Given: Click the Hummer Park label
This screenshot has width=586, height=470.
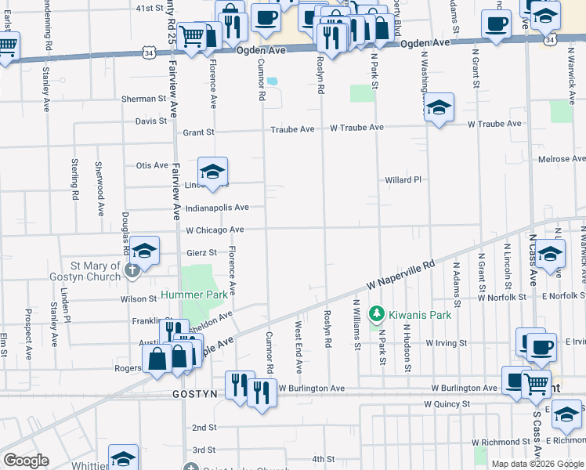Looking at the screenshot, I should point(194,295).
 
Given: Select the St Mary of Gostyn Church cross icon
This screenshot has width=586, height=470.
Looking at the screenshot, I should point(132,270).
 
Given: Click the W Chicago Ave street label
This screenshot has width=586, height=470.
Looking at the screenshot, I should point(215,230).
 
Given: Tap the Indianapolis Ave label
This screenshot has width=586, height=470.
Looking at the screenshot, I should point(217,208).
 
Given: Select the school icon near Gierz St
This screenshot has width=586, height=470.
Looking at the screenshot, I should point(145,251).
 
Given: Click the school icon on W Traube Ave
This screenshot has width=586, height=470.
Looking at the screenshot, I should point(439,107).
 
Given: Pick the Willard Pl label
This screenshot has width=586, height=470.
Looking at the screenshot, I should point(403,179).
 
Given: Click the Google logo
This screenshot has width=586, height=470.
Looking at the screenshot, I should point(26,461).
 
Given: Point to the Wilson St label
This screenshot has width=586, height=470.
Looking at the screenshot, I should point(139,298).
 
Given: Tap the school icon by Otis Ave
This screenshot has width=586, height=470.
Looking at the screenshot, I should point(212,169).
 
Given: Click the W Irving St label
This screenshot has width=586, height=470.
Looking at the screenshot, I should point(447,343).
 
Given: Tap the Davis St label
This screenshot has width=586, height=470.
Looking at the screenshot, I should point(151,121).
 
